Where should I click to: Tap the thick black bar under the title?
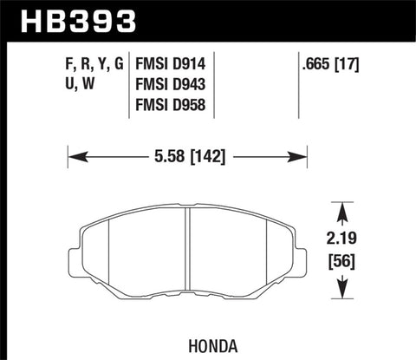[208, 38]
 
